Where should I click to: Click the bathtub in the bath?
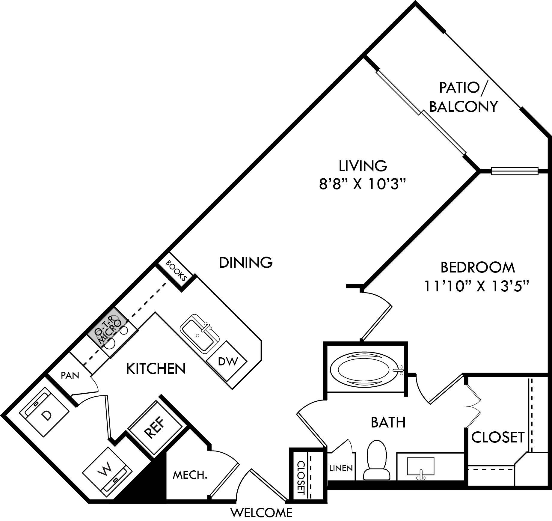pyautogui.click(x=365, y=371)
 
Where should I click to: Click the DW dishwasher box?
pyautogui.click(x=228, y=362)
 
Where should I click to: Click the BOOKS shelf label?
pyautogui.click(x=177, y=271)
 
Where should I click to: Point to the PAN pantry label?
pyautogui.click(x=70, y=375)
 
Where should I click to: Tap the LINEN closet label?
pyautogui.click(x=341, y=468)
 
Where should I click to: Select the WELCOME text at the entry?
pyautogui.click(x=261, y=513)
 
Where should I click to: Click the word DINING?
pyautogui.click(x=246, y=262)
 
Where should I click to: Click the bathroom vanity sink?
pyautogui.click(x=420, y=466)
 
